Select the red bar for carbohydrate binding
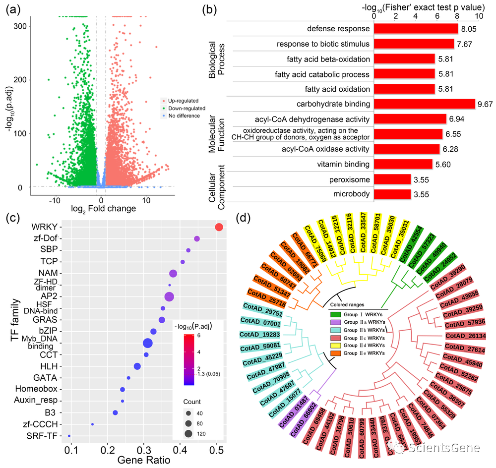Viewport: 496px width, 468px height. [x=424, y=104]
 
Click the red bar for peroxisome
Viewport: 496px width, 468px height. [x=392, y=179]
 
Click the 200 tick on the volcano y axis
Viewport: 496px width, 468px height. [x=20, y=80]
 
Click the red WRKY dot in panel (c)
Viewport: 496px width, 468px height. [x=219, y=228]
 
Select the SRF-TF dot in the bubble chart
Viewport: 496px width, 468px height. [x=69, y=436]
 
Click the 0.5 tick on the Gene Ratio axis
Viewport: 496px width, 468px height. [x=216, y=450]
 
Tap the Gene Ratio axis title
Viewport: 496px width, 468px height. [x=144, y=460]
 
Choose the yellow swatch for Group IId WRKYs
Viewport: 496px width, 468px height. [x=336, y=345]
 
